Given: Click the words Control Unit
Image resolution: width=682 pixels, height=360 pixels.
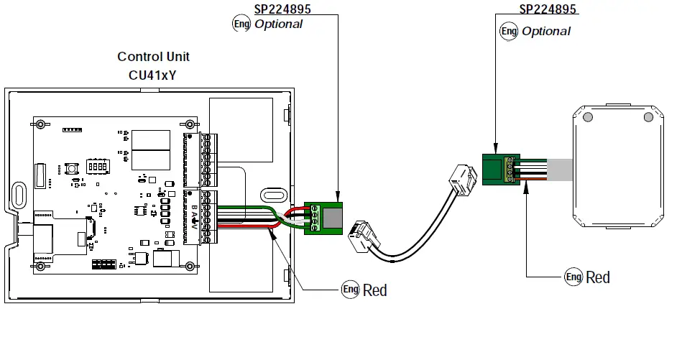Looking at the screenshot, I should coord(153,57).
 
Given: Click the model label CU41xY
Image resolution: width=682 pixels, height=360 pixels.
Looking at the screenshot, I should coord(153,73).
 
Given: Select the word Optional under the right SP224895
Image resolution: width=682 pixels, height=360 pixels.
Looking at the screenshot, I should coord(545,31).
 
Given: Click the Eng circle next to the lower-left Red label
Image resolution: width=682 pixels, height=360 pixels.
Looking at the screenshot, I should coord(349,290).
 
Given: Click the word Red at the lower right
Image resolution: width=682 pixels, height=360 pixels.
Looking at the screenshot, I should coord(598,277).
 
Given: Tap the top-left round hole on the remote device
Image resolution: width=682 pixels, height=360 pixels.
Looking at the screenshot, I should coord(588,117).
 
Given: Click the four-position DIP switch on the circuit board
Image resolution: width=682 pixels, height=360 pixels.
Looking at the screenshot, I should coord(97,165).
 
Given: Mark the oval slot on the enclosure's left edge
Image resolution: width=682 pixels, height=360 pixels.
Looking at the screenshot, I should coord(19,194).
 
